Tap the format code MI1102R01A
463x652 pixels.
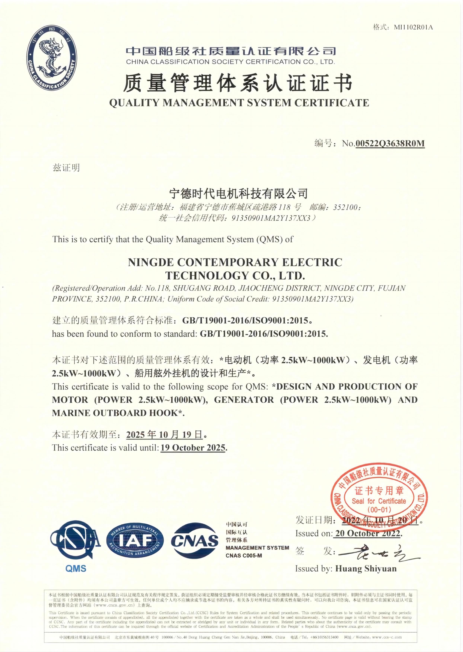point(413,27)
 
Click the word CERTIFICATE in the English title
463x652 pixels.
point(332,103)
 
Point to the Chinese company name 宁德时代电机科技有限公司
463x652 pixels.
point(238,194)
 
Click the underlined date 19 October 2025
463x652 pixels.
point(193,448)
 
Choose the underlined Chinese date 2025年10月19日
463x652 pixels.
point(165,434)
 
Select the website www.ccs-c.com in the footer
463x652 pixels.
point(387,637)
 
